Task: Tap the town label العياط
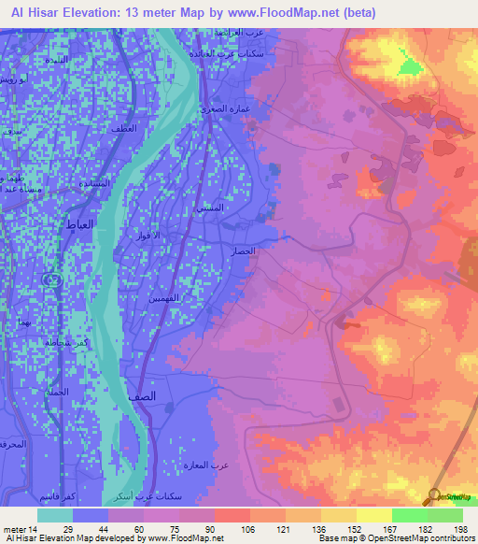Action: click(79, 225)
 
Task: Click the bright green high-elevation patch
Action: click(411, 66)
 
